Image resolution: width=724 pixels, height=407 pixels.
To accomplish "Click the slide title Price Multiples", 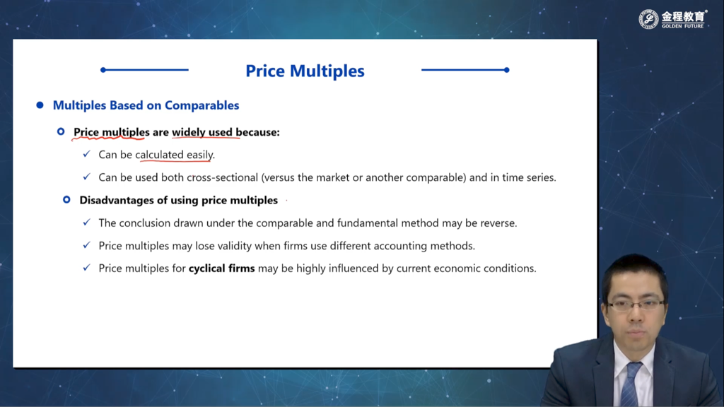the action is click(305, 71).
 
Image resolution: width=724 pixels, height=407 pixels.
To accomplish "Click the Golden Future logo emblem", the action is click(648, 19).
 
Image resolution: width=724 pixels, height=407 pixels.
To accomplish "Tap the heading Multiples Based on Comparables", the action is click(146, 105).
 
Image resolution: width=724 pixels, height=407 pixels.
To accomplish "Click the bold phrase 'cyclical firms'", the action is click(221, 268).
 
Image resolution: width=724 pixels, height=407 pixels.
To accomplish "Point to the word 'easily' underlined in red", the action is click(199, 155).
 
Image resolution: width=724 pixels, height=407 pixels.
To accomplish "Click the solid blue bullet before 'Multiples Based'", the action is click(40, 105).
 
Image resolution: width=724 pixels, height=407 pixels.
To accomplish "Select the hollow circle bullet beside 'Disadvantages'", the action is click(66, 200).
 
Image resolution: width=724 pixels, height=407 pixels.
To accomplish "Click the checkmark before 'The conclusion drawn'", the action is click(86, 223).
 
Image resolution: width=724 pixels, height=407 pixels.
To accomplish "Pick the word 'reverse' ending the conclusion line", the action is click(497, 223).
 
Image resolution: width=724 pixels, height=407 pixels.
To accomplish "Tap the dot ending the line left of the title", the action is click(103, 70).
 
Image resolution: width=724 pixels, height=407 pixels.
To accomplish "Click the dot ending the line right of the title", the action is click(506, 70).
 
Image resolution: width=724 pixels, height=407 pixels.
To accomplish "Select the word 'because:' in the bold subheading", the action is click(257, 132).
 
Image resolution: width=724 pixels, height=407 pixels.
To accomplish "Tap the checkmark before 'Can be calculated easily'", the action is click(86, 153).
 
